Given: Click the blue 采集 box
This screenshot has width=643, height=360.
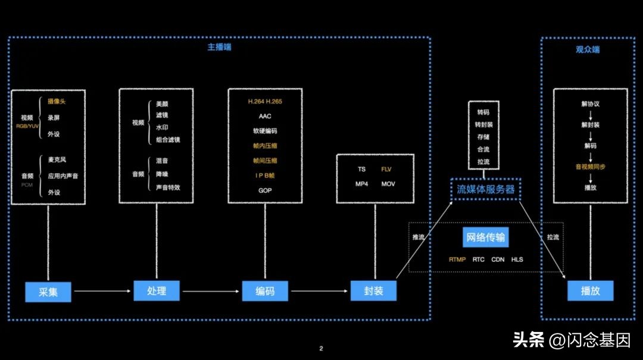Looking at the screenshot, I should point(48,292).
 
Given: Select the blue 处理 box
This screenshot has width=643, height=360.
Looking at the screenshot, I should point(157,291).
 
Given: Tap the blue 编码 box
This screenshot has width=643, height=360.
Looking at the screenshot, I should point(265,291).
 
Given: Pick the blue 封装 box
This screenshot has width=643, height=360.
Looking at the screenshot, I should point(373,291).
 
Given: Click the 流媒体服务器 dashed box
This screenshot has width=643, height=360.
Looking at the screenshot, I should point(485,189).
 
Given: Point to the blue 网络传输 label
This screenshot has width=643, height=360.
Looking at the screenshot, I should point(485,237).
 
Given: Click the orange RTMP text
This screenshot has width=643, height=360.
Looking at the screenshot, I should point(457,259).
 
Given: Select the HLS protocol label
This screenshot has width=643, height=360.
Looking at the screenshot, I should point(517,259).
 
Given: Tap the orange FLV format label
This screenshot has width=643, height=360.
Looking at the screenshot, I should point(387,169).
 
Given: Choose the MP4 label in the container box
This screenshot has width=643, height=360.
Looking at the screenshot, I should point(361,184).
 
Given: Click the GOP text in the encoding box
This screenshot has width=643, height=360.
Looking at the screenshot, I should point(265,191).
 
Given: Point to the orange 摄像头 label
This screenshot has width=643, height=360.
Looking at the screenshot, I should point(57,101).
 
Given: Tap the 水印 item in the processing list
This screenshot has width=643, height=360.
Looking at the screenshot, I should point(161,127).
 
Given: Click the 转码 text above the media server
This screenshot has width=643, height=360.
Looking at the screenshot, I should point(483,112).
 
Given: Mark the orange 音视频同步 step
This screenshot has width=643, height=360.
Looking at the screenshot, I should point(590,167).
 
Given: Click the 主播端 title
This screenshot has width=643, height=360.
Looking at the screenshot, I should point(219,47).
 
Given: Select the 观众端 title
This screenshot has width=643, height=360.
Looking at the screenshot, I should point(588,49).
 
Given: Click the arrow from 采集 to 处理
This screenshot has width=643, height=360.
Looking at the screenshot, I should point(101,292).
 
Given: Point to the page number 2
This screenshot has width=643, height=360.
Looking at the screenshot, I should point(321,349).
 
